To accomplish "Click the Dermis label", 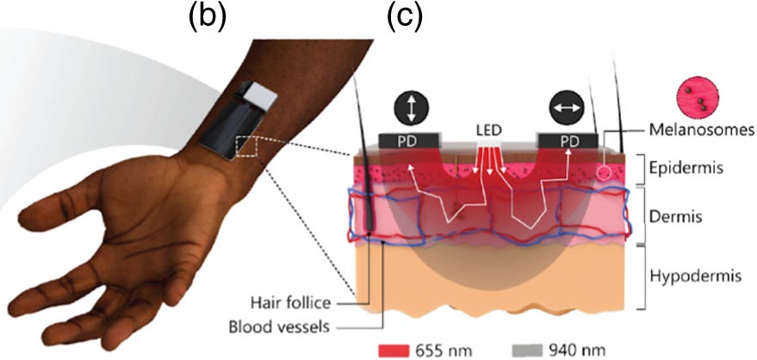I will [690, 218].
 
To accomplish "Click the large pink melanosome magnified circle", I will [701, 96].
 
